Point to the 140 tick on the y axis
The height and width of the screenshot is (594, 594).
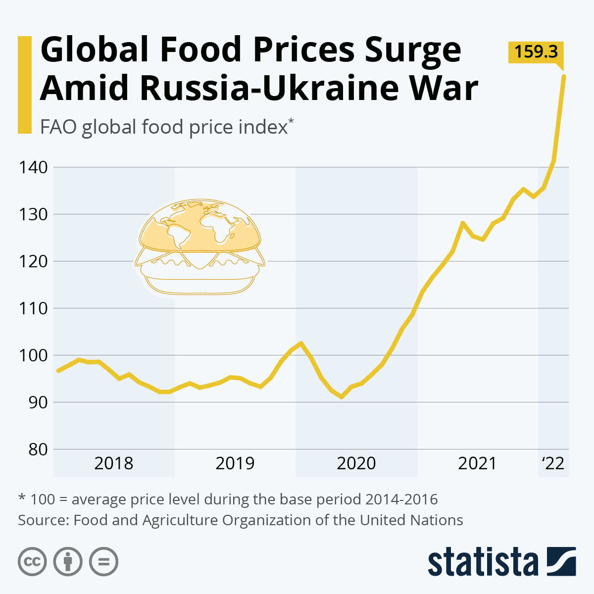coord(34,167)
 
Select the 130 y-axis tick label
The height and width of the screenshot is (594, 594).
coord(34,214)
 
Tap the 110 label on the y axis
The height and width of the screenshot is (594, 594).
coord(34,308)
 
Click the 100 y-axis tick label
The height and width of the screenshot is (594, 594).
coord(34,355)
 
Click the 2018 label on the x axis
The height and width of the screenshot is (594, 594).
coord(113,463)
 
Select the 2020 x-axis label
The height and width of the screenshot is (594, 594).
coord(356,463)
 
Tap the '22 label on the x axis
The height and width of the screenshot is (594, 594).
coord(553,463)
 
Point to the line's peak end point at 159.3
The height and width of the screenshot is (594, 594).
coord(564,76)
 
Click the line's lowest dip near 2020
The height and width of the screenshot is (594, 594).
coord(342,397)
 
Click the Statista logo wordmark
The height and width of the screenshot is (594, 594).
coord(483,562)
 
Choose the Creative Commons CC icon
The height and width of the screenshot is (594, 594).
coord(32,562)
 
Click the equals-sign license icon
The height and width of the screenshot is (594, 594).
coord(103,562)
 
